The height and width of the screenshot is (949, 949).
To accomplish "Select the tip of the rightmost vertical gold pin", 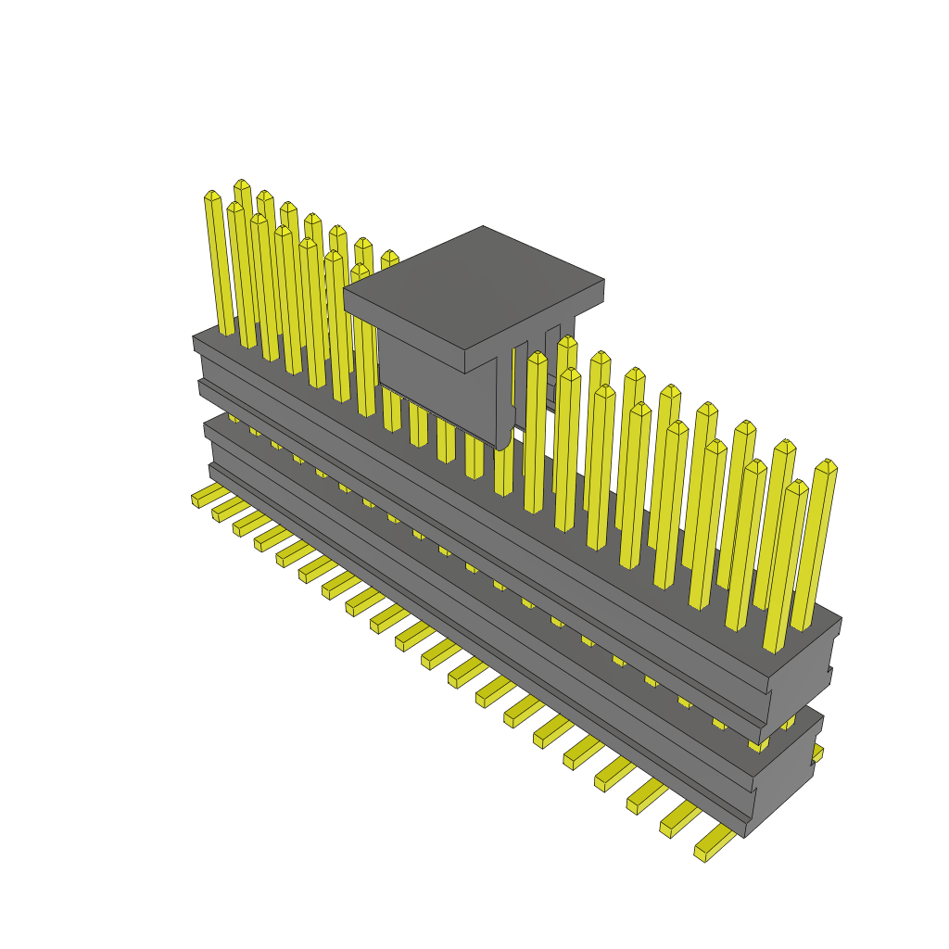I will coord(826,466).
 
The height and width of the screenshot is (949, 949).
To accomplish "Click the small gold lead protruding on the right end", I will coord(817,753).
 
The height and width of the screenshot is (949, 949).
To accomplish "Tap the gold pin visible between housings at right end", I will coord(758,742).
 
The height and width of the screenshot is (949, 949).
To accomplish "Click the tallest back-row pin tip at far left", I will coord(242,184).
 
